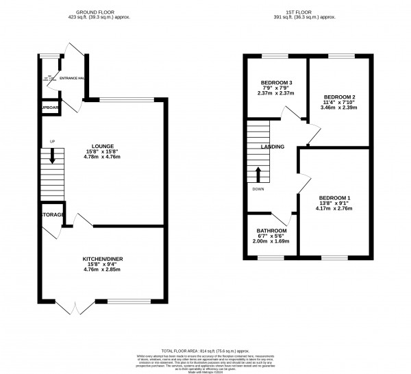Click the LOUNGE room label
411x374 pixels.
[103, 146]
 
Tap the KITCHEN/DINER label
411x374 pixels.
[103, 258]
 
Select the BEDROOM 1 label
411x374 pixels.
[334, 198]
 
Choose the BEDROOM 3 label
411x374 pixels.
[277, 84]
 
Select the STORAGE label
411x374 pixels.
[52, 215]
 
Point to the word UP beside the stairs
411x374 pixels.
[51, 142]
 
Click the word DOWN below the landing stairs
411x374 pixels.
[258, 189]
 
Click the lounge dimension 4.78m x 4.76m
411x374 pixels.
[103, 157]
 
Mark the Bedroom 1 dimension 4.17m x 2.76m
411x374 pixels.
[334, 209]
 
